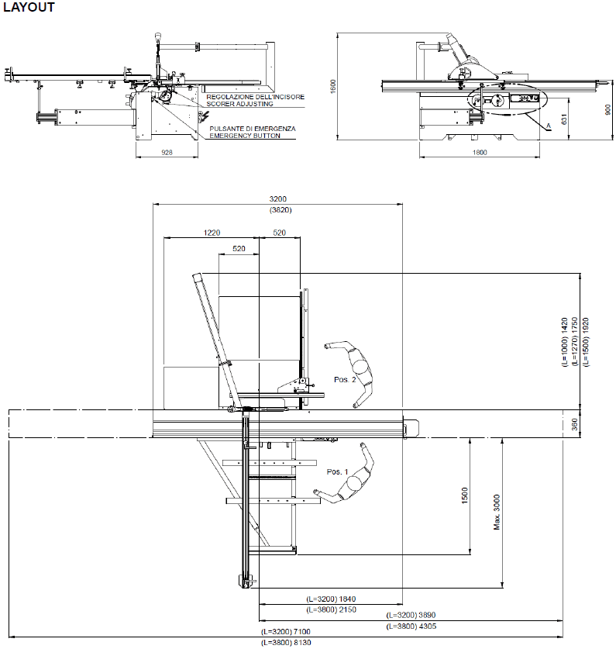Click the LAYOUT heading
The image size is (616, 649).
tap(29, 7)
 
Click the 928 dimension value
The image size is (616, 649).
tap(167, 152)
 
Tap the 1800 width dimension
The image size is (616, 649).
tap(480, 152)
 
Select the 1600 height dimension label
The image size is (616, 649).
tap(333, 86)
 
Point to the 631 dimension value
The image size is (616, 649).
tap(563, 119)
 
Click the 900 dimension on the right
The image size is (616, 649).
tap(607, 109)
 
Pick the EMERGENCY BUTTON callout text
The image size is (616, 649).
tap(245, 136)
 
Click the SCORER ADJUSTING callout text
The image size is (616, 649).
tap(239, 104)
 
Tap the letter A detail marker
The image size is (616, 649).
tap(549, 126)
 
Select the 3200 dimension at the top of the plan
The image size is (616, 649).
tap(277, 199)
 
